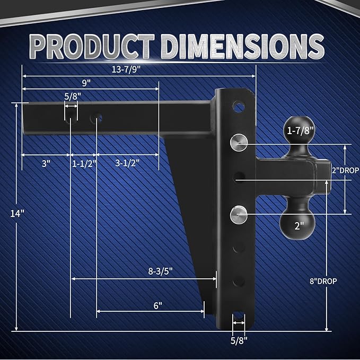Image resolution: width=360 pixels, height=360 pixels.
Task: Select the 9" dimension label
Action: tap(86, 82)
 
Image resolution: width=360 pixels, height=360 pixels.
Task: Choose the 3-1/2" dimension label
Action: tap(129, 163)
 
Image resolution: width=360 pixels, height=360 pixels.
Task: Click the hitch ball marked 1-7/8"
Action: tap(301, 130)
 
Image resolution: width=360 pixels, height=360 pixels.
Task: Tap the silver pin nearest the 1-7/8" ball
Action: tap(238, 142)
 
